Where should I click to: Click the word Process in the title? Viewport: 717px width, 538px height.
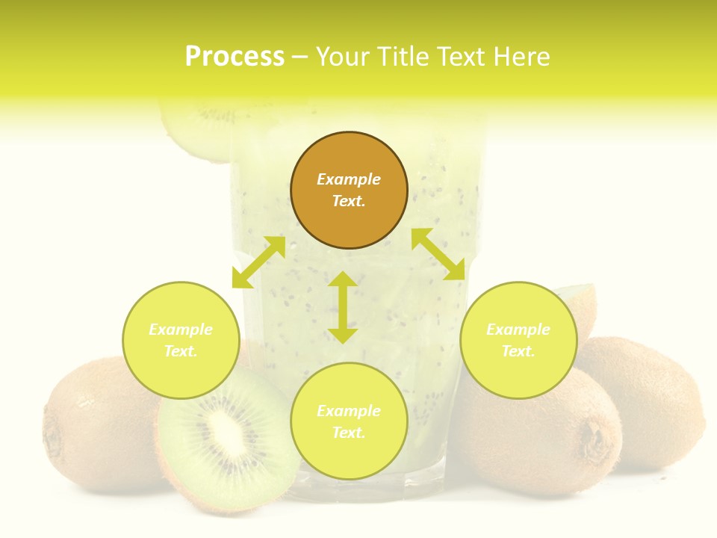pyautogui.click(x=235, y=57)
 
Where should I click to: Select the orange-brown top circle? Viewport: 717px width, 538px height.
pyautogui.click(x=349, y=190)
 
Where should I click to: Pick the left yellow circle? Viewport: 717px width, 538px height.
pyautogui.click(x=181, y=340)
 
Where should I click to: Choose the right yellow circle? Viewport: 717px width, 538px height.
pyautogui.click(x=518, y=340)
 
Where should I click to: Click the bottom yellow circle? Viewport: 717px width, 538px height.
pyautogui.click(x=349, y=421)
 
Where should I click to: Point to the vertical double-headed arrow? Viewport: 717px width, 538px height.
pyautogui.click(x=343, y=307)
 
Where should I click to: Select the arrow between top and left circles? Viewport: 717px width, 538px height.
pyautogui.click(x=258, y=262)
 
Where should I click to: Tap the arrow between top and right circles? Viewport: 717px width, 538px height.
pyautogui.click(x=438, y=255)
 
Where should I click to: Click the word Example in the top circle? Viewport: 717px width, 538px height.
pyautogui.click(x=349, y=179)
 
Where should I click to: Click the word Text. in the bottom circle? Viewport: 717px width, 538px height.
pyautogui.click(x=349, y=433)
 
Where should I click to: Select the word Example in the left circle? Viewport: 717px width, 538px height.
pyautogui.click(x=181, y=330)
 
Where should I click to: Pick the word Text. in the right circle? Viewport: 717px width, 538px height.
pyautogui.click(x=518, y=351)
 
